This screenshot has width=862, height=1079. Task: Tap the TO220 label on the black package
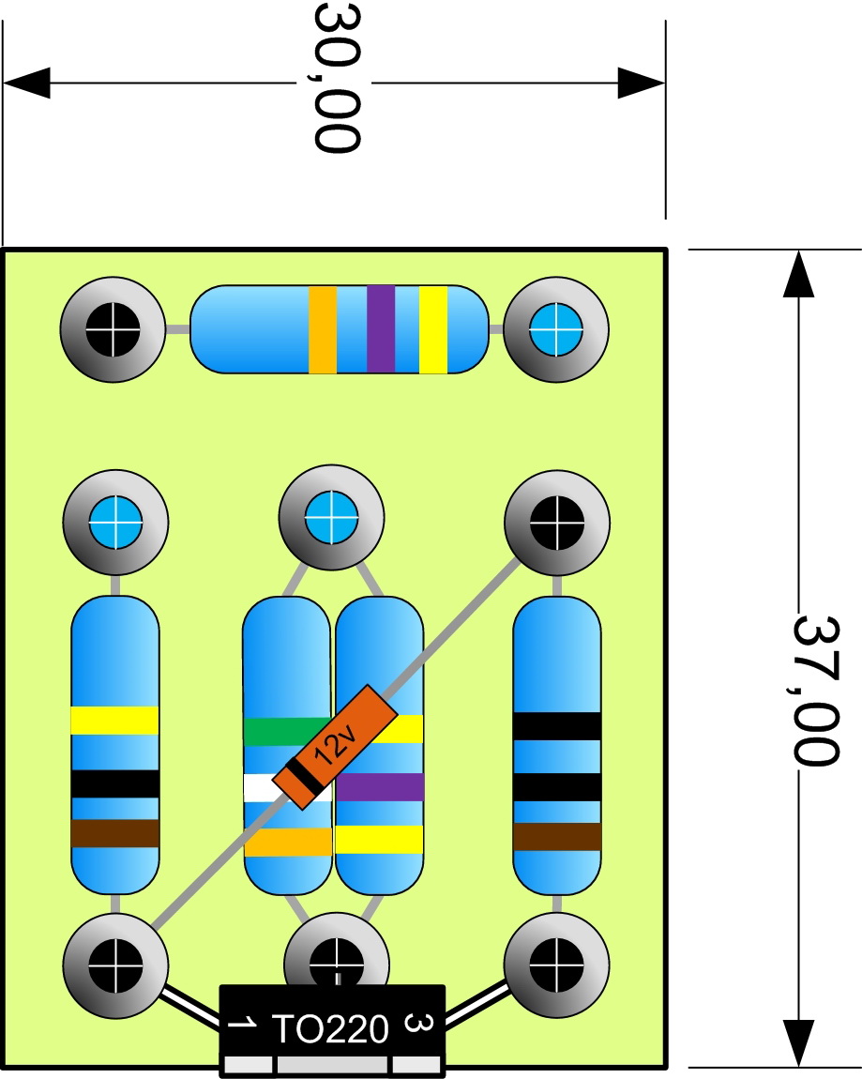tap(329, 1029)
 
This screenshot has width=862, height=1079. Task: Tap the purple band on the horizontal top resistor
tap(380, 329)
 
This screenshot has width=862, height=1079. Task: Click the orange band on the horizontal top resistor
tap(323, 329)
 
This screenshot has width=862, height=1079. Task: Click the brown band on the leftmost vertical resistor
tap(114, 832)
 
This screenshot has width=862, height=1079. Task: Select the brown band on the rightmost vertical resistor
tap(557, 836)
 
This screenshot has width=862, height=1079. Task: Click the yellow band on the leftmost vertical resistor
tap(114, 720)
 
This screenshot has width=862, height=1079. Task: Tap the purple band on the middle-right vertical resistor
tap(380, 786)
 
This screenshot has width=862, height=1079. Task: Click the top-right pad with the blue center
tap(556, 329)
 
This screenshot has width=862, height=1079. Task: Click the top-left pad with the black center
tap(113, 329)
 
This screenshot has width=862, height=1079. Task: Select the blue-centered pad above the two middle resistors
tap(331, 514)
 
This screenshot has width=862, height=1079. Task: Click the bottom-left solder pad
tap(114, 963)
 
